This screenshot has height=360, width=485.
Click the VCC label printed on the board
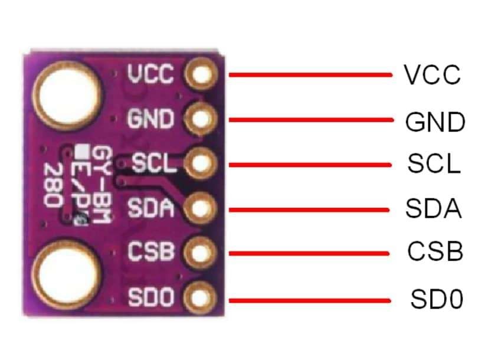point(150,75)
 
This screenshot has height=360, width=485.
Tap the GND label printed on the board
point(151,120)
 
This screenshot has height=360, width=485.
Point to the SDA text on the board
point(151,208)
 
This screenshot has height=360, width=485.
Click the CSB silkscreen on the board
point(152,252)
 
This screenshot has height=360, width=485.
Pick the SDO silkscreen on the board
point(152,297)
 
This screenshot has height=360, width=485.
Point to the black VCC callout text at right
point(432,75)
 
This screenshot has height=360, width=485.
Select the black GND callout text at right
point(435,122)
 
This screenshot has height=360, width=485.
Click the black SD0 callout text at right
point(437,299)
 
